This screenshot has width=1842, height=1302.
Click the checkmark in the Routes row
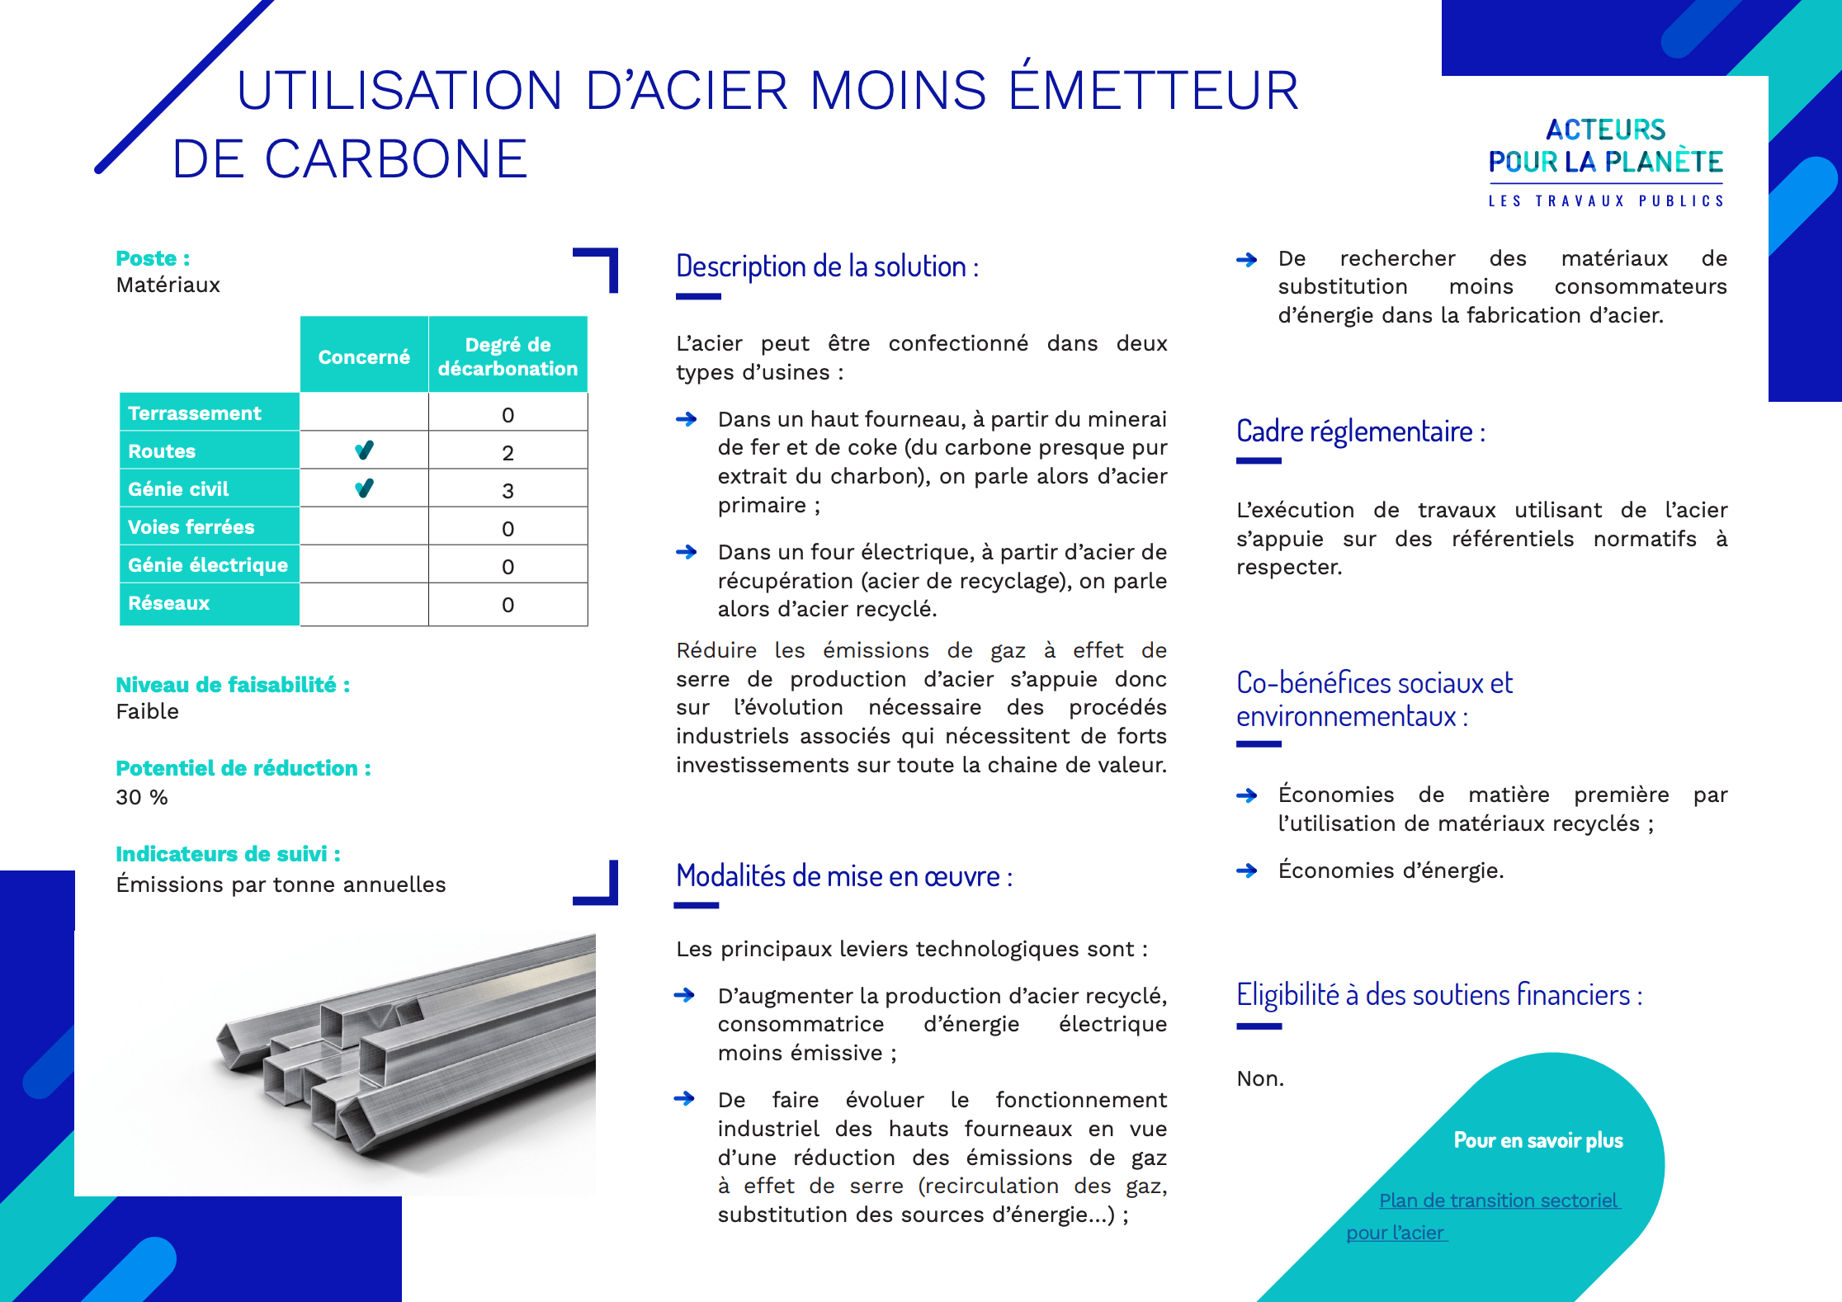pyautogui.click(x=364, y=451)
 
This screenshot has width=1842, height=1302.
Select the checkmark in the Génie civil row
pyautogui.click(x=364, y=488)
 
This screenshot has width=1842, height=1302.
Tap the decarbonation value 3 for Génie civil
pyautogui.click(x=508, y=491)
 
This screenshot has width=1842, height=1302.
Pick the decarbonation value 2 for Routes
pyautogui.click(x=508, y=453)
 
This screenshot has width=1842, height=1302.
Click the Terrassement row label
pyautogui.click(x=195, y=413)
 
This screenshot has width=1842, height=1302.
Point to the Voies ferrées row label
pyautogui.click(x=191, y=527)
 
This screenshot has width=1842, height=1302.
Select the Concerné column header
pyautogui.click(x=364, y=357)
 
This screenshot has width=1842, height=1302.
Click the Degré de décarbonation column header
pyautogui.click(x=508, y=356)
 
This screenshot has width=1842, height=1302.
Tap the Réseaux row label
pyautogui.click(x=169, y=603)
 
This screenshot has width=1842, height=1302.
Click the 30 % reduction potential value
pyautogui.click(x=142, y=797)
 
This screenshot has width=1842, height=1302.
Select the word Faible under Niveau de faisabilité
pyautogui.click(x=148, y=711)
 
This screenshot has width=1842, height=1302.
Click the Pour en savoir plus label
pyautogui.click(x=1538, y=1140)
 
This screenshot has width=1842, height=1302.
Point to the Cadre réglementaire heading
pyautogui.click(x=1361, y=432)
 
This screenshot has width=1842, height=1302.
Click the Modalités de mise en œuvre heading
pyautogui.click(x=844, y=876)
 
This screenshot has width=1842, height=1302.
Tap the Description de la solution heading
pyautogui.click(x=827, y=267)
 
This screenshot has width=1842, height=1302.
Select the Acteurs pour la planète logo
pyautogui.click(x=1606, y=162)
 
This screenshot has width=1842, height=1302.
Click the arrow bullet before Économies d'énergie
pyautogui.click(x=1246, y=870)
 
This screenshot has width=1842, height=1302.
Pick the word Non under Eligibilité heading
pyautogui.click(x=1260, y=1078)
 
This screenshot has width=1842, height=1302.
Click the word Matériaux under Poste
pyautogui.click(x=168, y=285)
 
